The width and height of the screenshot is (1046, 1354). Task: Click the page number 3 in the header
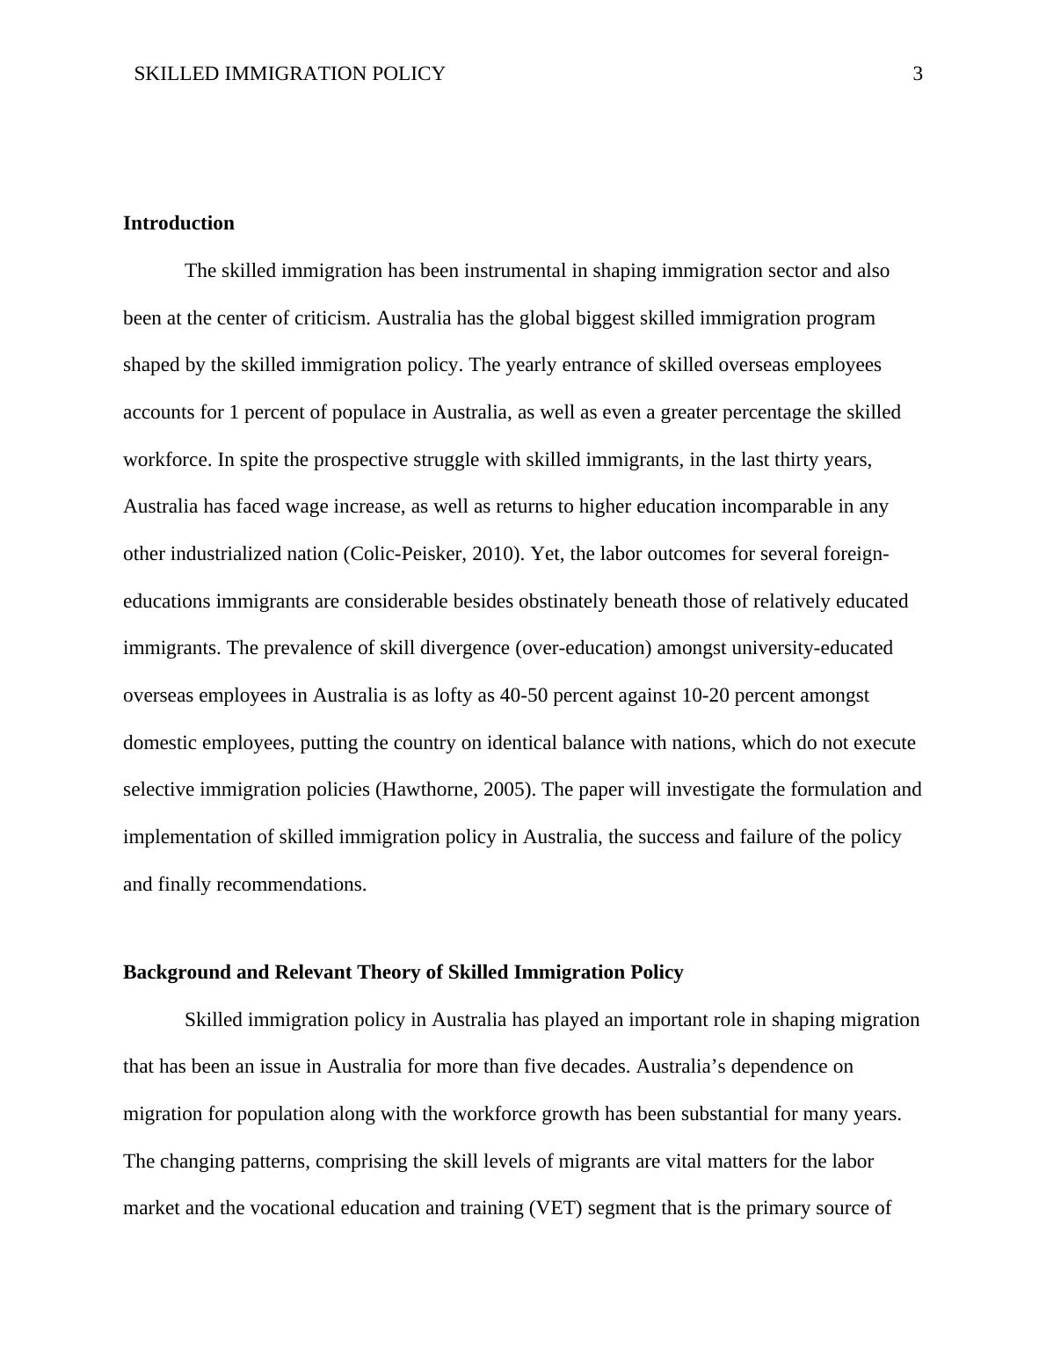pyautogui.click(x=918, y=74)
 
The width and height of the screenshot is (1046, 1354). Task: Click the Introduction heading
pyautogui.click(x=178, y=223)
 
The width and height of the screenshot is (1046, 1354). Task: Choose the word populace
pyautogui.click(x=369, y=412)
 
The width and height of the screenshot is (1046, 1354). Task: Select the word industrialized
pyautogui.click(x=229, y=554)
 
